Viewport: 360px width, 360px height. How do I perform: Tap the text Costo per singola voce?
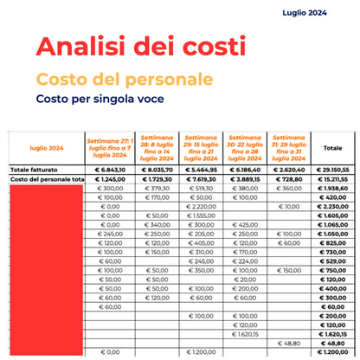pyautogui.click(x=100, y=100)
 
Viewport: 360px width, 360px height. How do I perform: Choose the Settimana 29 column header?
pyautogui.click(x=200, y=147)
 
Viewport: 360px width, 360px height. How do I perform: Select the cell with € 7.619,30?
pyautogui.click(x=200, y=179)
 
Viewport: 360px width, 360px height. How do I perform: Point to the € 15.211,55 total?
pyautogui.click(x=332, y=179)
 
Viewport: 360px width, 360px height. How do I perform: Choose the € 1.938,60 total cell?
pyautogui.click(x=332, y=188)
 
